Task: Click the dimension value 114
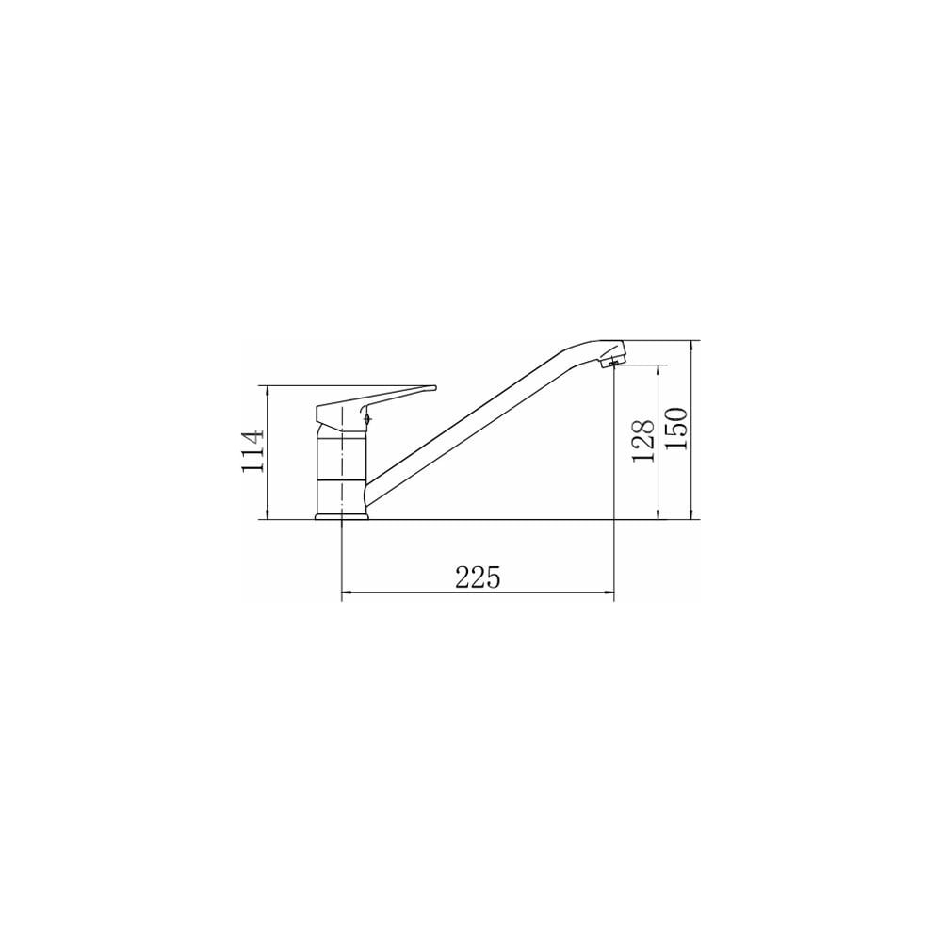click(252, 450)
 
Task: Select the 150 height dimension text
click(676, 429)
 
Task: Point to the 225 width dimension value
click(478, 577)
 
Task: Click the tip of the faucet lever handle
click(434, 388)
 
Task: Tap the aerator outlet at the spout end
click(613, 363)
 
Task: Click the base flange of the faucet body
click(341, 515)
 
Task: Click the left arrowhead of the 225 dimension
click(346, 593)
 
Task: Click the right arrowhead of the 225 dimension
click(609, 593)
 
